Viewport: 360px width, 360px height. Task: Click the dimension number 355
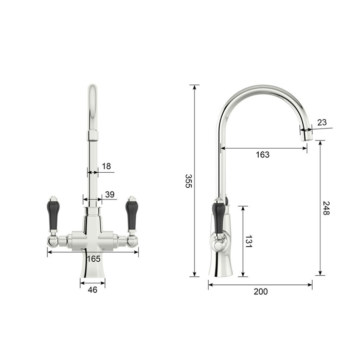coord(189,181)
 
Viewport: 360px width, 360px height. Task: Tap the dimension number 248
coord(326,208)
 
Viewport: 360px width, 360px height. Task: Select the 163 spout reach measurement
coord(263,155)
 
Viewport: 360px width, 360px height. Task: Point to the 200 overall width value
coord(261,292)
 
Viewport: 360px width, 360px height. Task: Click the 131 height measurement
coord(248,241)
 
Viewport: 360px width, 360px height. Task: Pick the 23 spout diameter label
coord(322,122)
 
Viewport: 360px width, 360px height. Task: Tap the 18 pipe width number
coord(106,166)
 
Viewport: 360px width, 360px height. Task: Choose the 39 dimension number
coord(110,194)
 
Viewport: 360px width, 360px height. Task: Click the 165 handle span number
coord(94,259)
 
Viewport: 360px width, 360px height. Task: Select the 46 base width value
coord(93,290)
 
